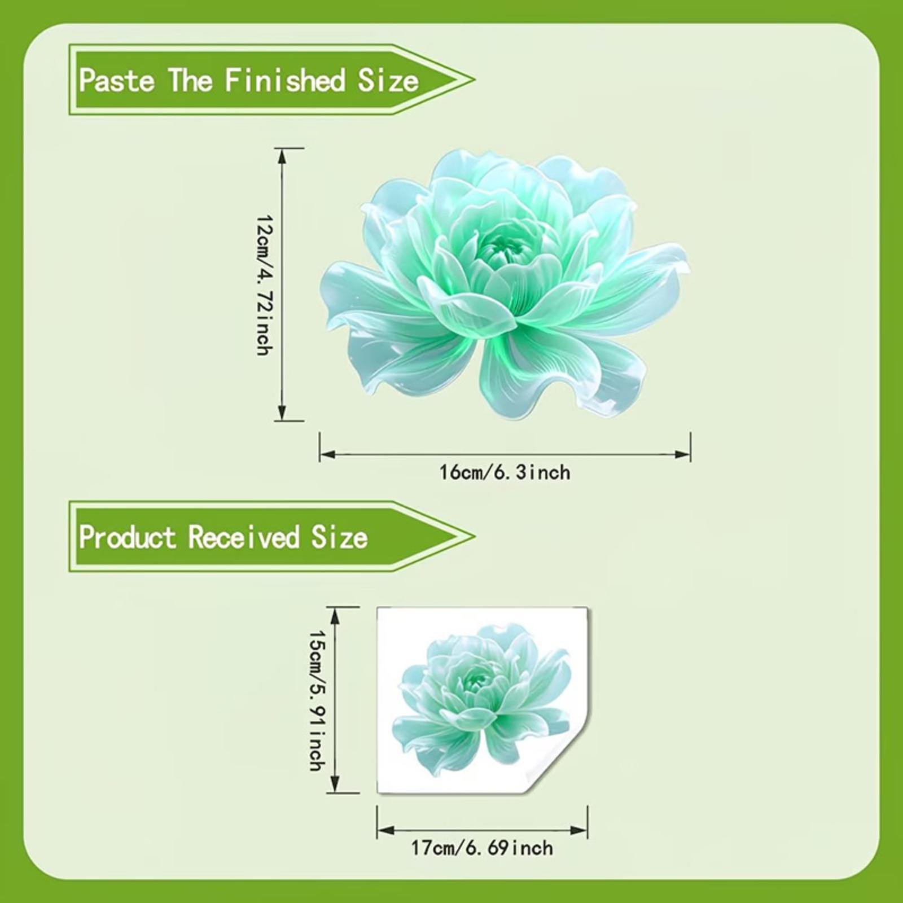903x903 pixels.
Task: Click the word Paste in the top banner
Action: coord(117,80)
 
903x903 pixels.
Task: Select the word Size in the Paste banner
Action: coord(388,80)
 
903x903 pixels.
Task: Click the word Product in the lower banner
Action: coord(128,537)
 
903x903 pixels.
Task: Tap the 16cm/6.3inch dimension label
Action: coord(505,472)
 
